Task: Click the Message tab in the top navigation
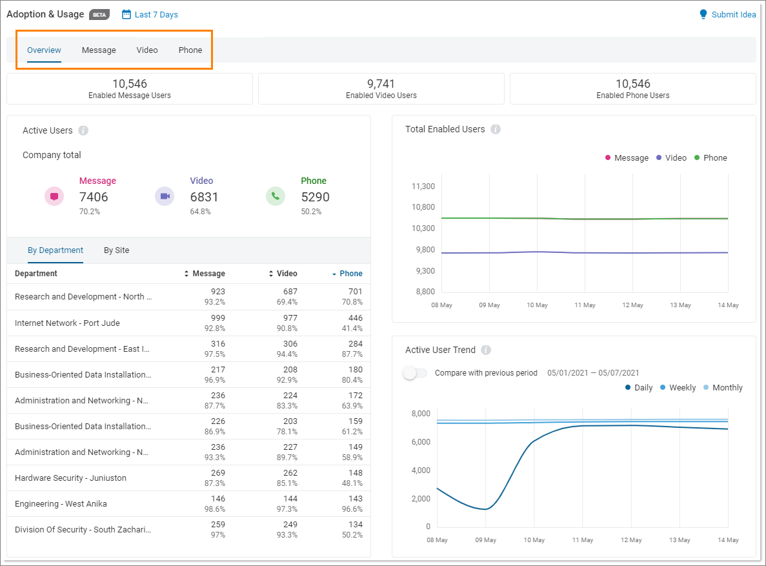[99, 50]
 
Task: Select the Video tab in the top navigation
[147, 50]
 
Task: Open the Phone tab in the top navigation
[190, 50]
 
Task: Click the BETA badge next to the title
[99, 15]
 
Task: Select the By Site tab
[116, 250]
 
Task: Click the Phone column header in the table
[350, 274]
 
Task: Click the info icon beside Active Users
[83, 131]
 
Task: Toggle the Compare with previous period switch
[414, 373]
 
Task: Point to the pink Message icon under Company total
[54, 196]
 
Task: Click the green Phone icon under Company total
[276, 196]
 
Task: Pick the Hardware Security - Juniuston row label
[70, 478]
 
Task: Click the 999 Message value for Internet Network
[217, 318]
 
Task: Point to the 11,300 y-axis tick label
[423, 187]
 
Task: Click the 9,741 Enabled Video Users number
[381, 84]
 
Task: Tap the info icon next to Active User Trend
[486, 350]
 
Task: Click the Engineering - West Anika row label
[61, 504]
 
